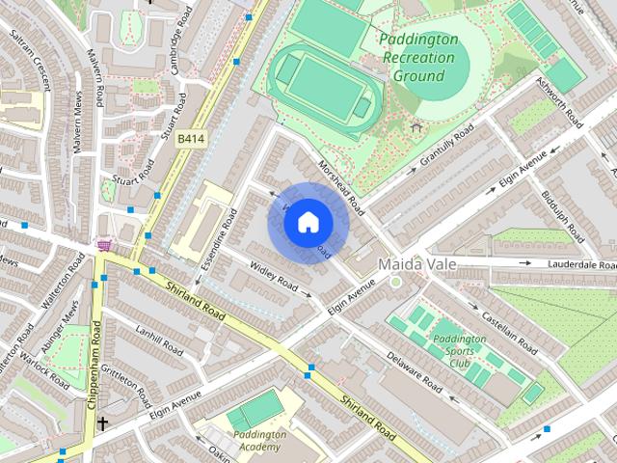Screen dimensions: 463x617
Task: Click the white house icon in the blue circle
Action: pyautogui.click(x=307, y=222)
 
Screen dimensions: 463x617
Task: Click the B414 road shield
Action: pyautogui.click(x=190, y=140)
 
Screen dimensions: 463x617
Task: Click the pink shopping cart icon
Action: pyautogui.click(x=103, y=246)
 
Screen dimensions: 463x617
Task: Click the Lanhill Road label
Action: pyautogui.click(x=158, y=340)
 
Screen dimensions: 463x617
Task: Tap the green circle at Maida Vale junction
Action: pyautogui.click(x=395, y=282)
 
